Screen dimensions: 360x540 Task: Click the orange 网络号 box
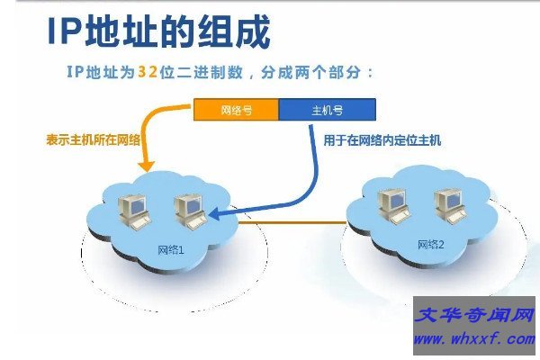(236, 112)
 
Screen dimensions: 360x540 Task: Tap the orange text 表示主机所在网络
(94, 140)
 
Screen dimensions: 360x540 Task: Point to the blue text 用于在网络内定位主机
(382, 140)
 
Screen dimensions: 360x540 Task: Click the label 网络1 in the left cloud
(170, 247)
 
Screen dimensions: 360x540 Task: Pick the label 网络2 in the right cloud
(431, 245)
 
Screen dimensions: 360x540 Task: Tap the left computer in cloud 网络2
(393, 203)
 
